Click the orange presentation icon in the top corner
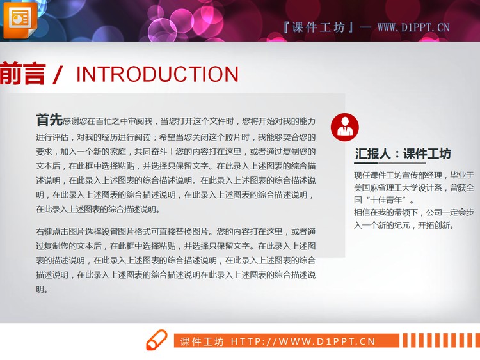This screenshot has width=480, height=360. pos(20,19)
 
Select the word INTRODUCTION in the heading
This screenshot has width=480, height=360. pos(157,74)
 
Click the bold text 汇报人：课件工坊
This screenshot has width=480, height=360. pos(403,153)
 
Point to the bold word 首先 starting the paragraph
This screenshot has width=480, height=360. pos(49,120)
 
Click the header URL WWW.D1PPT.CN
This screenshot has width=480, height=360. pos(413,27)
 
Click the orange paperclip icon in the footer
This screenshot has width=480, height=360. pos(156,341)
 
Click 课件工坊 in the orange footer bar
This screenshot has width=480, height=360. pos(202,341)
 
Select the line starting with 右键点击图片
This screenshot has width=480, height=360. pos(176,231)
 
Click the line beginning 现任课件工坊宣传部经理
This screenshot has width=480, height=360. pos(413,175)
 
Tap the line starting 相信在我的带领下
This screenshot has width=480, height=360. pos(413,212)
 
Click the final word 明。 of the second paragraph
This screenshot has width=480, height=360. pos(42,289)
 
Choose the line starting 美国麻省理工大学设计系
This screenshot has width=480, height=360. pos(413,187)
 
